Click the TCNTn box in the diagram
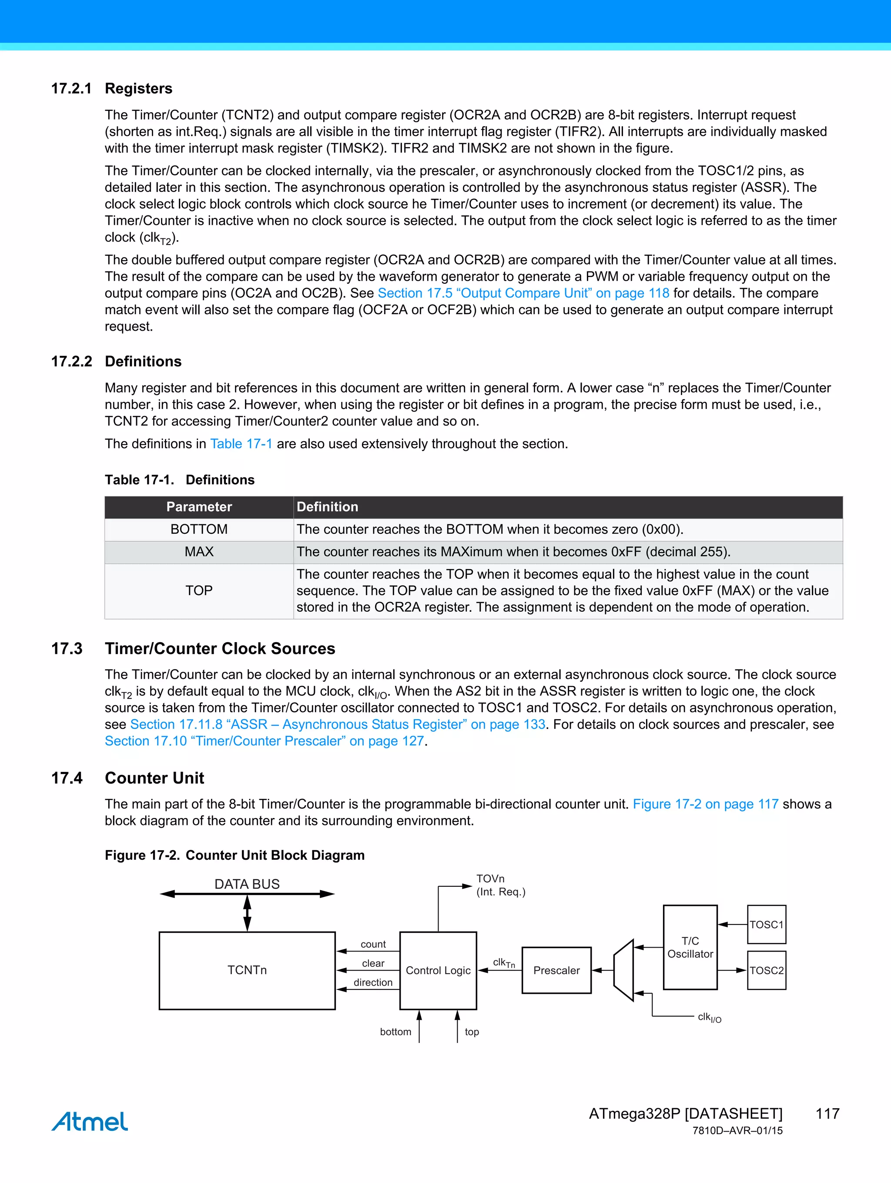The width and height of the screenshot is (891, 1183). [x=247, y=970]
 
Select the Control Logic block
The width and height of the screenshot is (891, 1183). [x=438, y=970]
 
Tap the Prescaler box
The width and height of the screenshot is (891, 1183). [x=556, y=970]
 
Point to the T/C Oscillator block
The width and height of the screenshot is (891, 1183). [x=690, y=947]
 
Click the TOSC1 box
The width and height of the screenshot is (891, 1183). [x=767, y=925]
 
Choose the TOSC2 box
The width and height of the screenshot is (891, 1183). [x=767, y=970]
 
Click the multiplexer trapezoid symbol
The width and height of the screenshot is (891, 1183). [x=623, y=970]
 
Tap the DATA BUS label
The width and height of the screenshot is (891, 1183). [x=247, y=884]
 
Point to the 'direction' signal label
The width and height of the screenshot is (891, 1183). [x=373, y=982]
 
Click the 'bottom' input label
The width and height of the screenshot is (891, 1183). [x=395, y=1032]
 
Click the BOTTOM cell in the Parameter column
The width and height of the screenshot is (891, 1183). [x=199, y=530]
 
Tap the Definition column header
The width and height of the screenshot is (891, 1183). [x=327, y=507]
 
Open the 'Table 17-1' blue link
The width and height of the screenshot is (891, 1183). [x=241, y=444]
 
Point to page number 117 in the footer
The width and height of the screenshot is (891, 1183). [x=827, y=1113]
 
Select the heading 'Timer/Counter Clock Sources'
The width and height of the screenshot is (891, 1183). [x=220, y=649]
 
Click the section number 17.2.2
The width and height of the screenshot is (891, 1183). [x=71, y=362]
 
